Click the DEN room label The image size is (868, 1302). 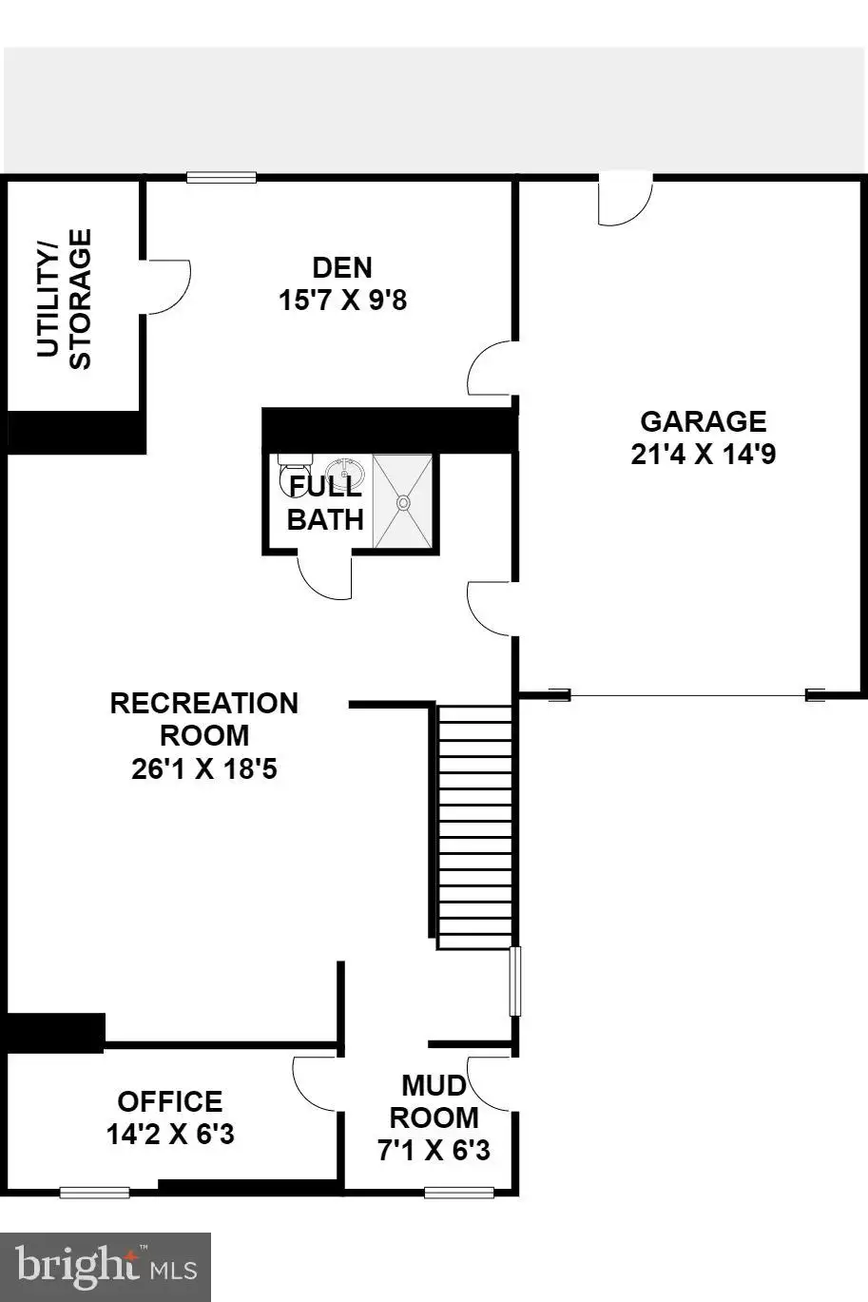[342, 268]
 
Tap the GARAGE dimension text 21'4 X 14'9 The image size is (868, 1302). [703, 454]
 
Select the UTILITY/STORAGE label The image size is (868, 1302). [64, 299]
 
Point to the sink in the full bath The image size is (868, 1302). [345, 472]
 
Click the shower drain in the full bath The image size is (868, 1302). [403, 502]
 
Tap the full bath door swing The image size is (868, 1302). [324, 576]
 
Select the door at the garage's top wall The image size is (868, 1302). [626, 199]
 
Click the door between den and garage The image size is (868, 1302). [492, 368]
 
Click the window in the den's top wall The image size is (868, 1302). [222, 177]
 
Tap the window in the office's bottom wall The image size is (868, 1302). [95, 1193]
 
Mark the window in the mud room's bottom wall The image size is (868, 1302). [459, 1193]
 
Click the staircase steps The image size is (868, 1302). [474, 826]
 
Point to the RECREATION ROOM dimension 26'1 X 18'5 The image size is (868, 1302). [203, 769]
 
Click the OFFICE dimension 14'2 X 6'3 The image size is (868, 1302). [170, 1134]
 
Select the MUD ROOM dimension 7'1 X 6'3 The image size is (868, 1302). [434, 1150]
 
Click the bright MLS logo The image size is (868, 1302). [106, 1265]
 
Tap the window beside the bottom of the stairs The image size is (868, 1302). [514, 981]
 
